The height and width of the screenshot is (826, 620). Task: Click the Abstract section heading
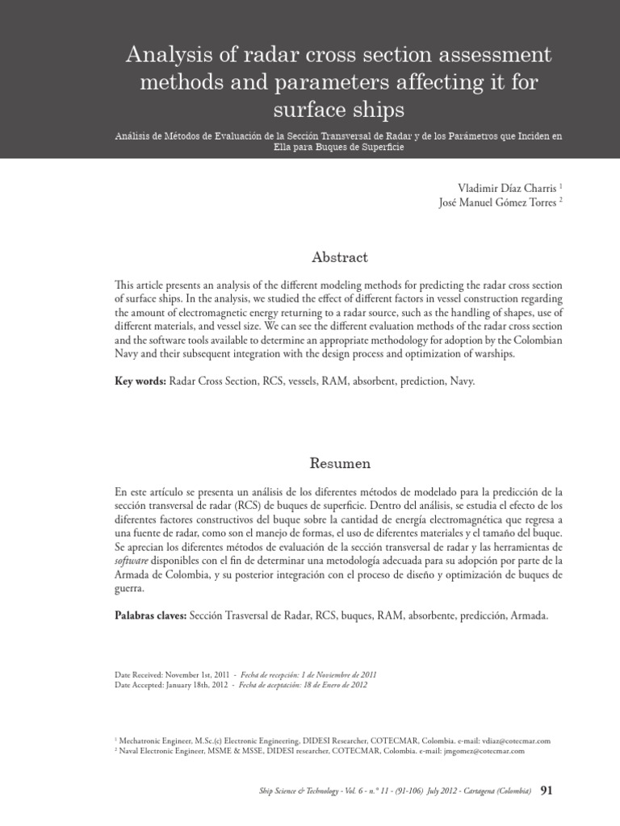[339, 257]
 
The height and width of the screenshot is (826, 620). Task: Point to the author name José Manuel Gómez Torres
[495, 202]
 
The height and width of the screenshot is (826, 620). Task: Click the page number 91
[547, 791]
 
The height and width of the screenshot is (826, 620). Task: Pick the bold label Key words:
[140, 380]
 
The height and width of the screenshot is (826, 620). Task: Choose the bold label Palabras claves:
[151, 615]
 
